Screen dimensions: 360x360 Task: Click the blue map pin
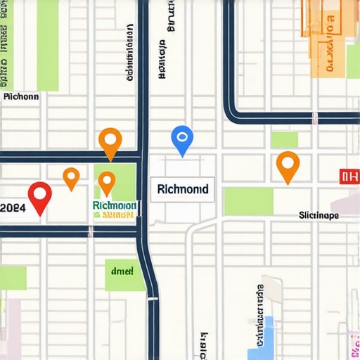pyautogui.click(x=181, y=138)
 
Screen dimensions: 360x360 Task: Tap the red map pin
pyautogui.click(x=39, y=195)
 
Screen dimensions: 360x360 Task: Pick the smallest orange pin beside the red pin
pyautogui.click(x=71, y=176)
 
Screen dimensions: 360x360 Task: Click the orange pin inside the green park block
pyautogui.click(x=106, y=181)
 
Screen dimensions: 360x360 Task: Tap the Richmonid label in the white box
pyautogui.click(x=183, y=189)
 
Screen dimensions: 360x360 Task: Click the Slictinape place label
pyautogui.click(x=319, y=214)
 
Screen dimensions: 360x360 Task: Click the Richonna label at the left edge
pyautogui.click(x=21, y=97)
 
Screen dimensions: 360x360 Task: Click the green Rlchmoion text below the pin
pyautogui.click(x=114, y=205)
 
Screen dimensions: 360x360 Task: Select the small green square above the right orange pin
pyautogui.click(x=284, y=139)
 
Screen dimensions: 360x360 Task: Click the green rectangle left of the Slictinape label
pyautogui.click(x=248, y=201)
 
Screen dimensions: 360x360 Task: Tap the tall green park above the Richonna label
pyautogui.click(x=48, y=46)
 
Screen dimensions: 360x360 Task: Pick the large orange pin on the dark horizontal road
pyautogui.click(x=110, y=141)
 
